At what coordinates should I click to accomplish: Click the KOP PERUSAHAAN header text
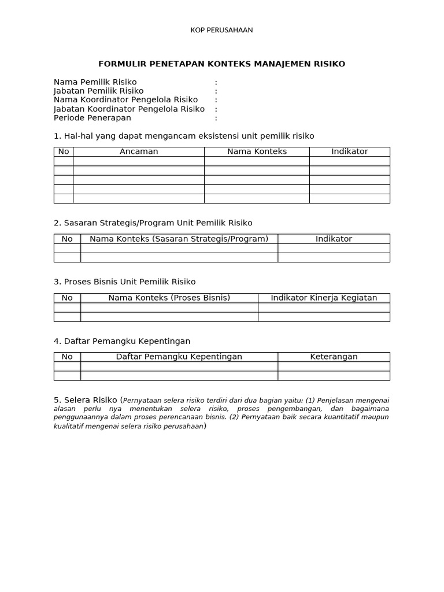221,30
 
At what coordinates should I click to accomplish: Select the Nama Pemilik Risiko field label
95,82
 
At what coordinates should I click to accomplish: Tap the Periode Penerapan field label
92,118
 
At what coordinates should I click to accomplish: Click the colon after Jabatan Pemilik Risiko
216,91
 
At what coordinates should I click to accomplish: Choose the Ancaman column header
139,151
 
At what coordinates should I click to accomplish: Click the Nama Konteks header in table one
257,151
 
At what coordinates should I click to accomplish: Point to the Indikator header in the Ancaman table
349,151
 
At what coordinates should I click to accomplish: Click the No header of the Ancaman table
64,151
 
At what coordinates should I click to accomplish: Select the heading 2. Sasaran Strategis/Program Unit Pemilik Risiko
153,223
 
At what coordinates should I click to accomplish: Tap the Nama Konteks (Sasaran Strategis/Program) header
179,239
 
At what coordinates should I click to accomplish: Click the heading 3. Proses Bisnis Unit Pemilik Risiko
125,282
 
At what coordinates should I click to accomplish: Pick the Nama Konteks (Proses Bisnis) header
169,298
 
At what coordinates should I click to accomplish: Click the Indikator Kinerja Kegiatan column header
324,298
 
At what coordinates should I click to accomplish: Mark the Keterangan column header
334,357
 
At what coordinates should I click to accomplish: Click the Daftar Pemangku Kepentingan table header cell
179,357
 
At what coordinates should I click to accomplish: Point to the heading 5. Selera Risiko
86,399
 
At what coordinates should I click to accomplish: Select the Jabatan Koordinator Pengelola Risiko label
129,109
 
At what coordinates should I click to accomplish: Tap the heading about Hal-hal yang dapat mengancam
184,136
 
